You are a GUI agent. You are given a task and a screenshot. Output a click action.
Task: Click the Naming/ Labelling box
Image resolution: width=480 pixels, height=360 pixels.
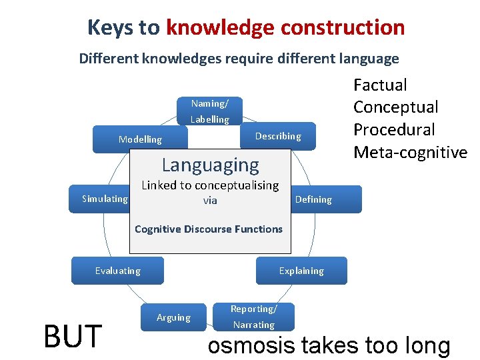209,111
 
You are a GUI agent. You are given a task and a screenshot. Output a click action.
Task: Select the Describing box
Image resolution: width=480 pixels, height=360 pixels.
278,136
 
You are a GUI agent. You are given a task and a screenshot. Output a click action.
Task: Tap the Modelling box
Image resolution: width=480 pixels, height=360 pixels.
140,139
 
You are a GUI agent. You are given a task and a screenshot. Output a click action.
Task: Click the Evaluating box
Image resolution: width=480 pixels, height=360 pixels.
117,271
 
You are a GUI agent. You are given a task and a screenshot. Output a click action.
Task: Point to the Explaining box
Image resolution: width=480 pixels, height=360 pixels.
301,271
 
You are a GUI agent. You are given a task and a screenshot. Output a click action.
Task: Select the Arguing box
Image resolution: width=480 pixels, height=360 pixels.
173,317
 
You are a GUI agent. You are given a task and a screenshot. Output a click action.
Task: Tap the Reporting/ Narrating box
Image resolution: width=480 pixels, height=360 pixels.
253,317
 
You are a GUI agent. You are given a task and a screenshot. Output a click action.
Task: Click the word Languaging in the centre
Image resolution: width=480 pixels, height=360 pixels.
211,165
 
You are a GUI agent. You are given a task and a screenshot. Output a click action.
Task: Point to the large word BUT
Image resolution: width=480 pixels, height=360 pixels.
72,336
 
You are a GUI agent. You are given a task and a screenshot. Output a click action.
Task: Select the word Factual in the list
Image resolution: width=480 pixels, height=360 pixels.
380,85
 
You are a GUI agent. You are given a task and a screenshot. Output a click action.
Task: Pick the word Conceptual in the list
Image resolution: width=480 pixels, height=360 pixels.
396,107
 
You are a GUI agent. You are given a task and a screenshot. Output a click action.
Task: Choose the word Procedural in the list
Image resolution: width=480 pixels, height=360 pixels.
394,130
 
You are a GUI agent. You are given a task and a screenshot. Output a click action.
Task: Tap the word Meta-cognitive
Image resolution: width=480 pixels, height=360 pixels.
410,153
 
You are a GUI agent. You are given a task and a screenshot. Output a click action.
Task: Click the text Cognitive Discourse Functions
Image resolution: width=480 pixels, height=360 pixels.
209,229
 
